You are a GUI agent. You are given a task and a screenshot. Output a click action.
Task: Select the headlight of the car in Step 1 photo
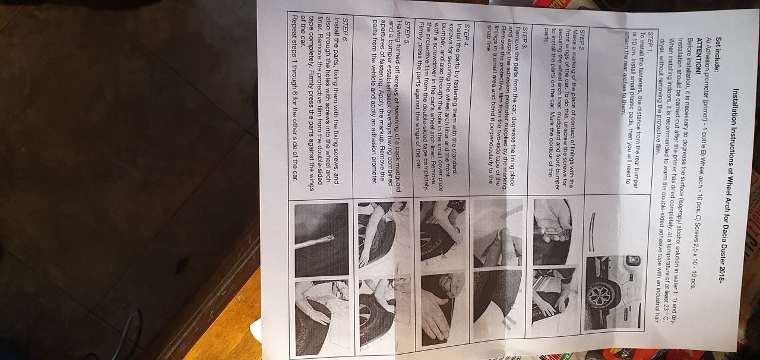633,261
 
